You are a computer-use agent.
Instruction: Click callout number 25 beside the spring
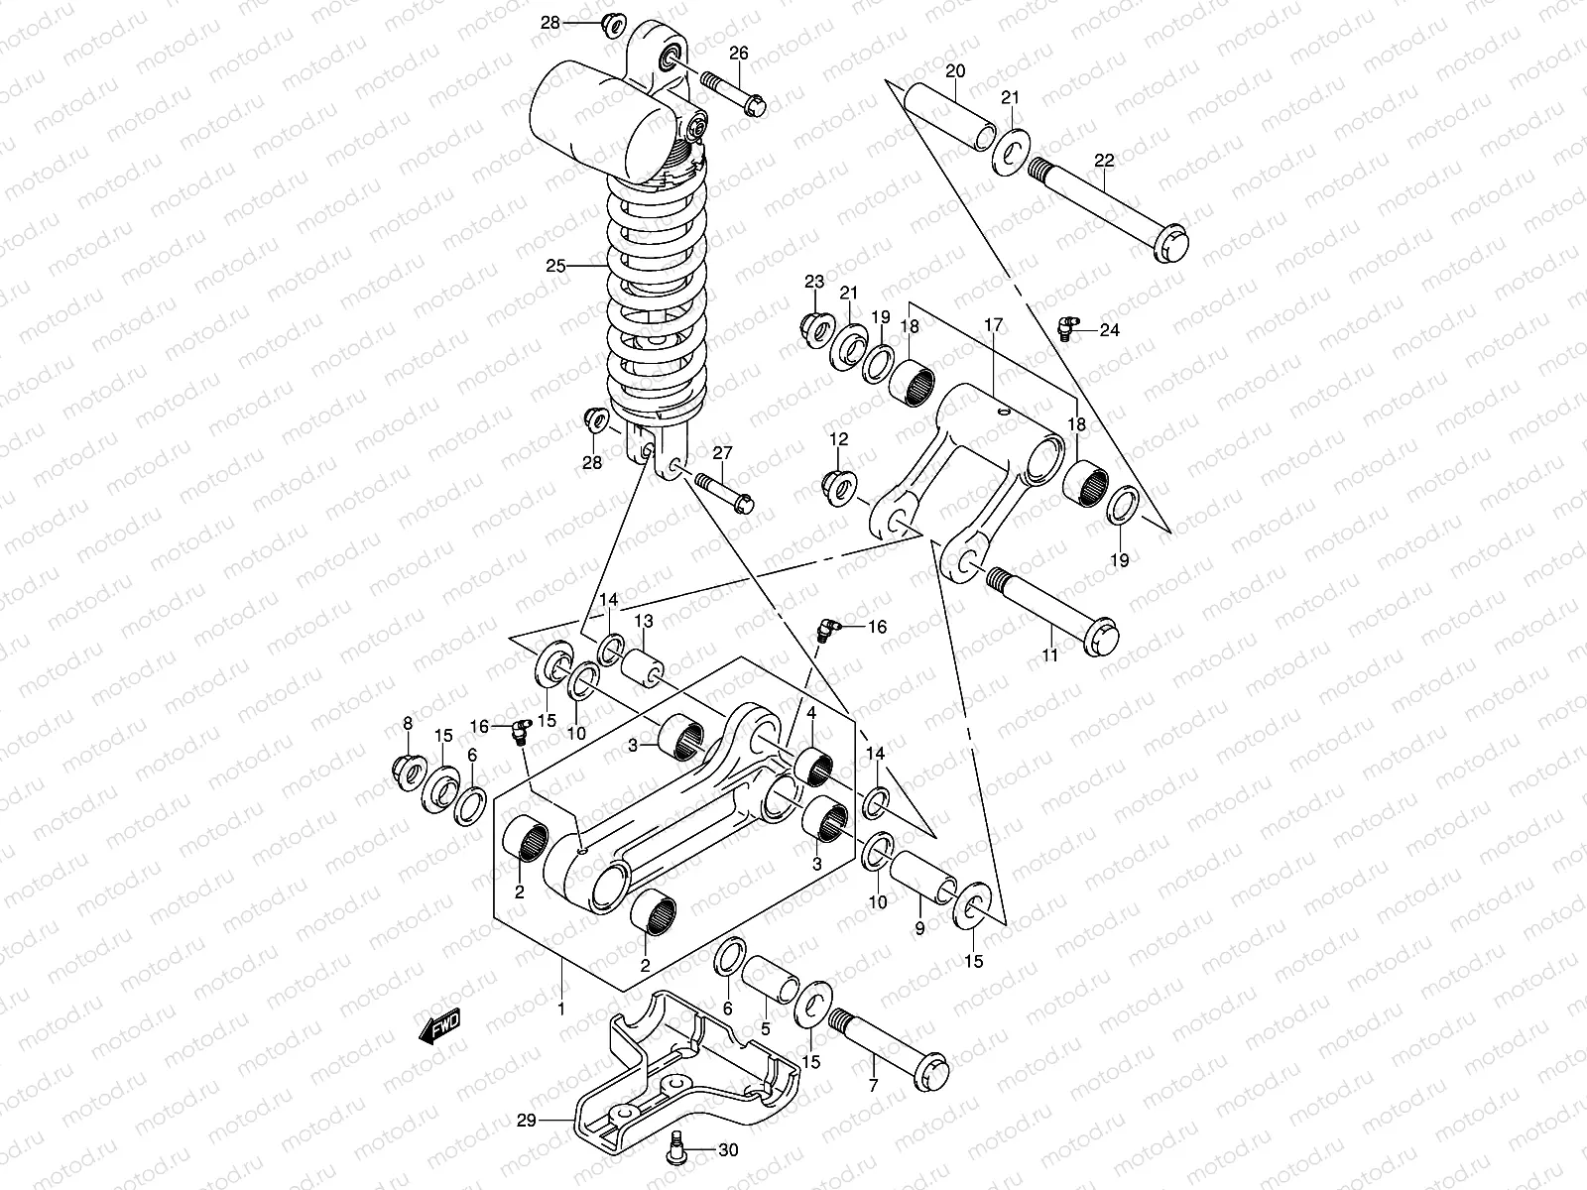pyautogui.click(x=555, y=266)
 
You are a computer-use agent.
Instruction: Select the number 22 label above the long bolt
pyautogui.click(x=1104, y=161)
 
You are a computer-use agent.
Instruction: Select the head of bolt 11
pyautogui.click(x=1100, y=636)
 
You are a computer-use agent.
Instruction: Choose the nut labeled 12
pyautogui.click(x=839, y=486)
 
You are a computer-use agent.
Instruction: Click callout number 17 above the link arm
pyautogui.click(x=993, y=324)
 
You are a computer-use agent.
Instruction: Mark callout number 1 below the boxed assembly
pyautogui.click(x=560, y=1009)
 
